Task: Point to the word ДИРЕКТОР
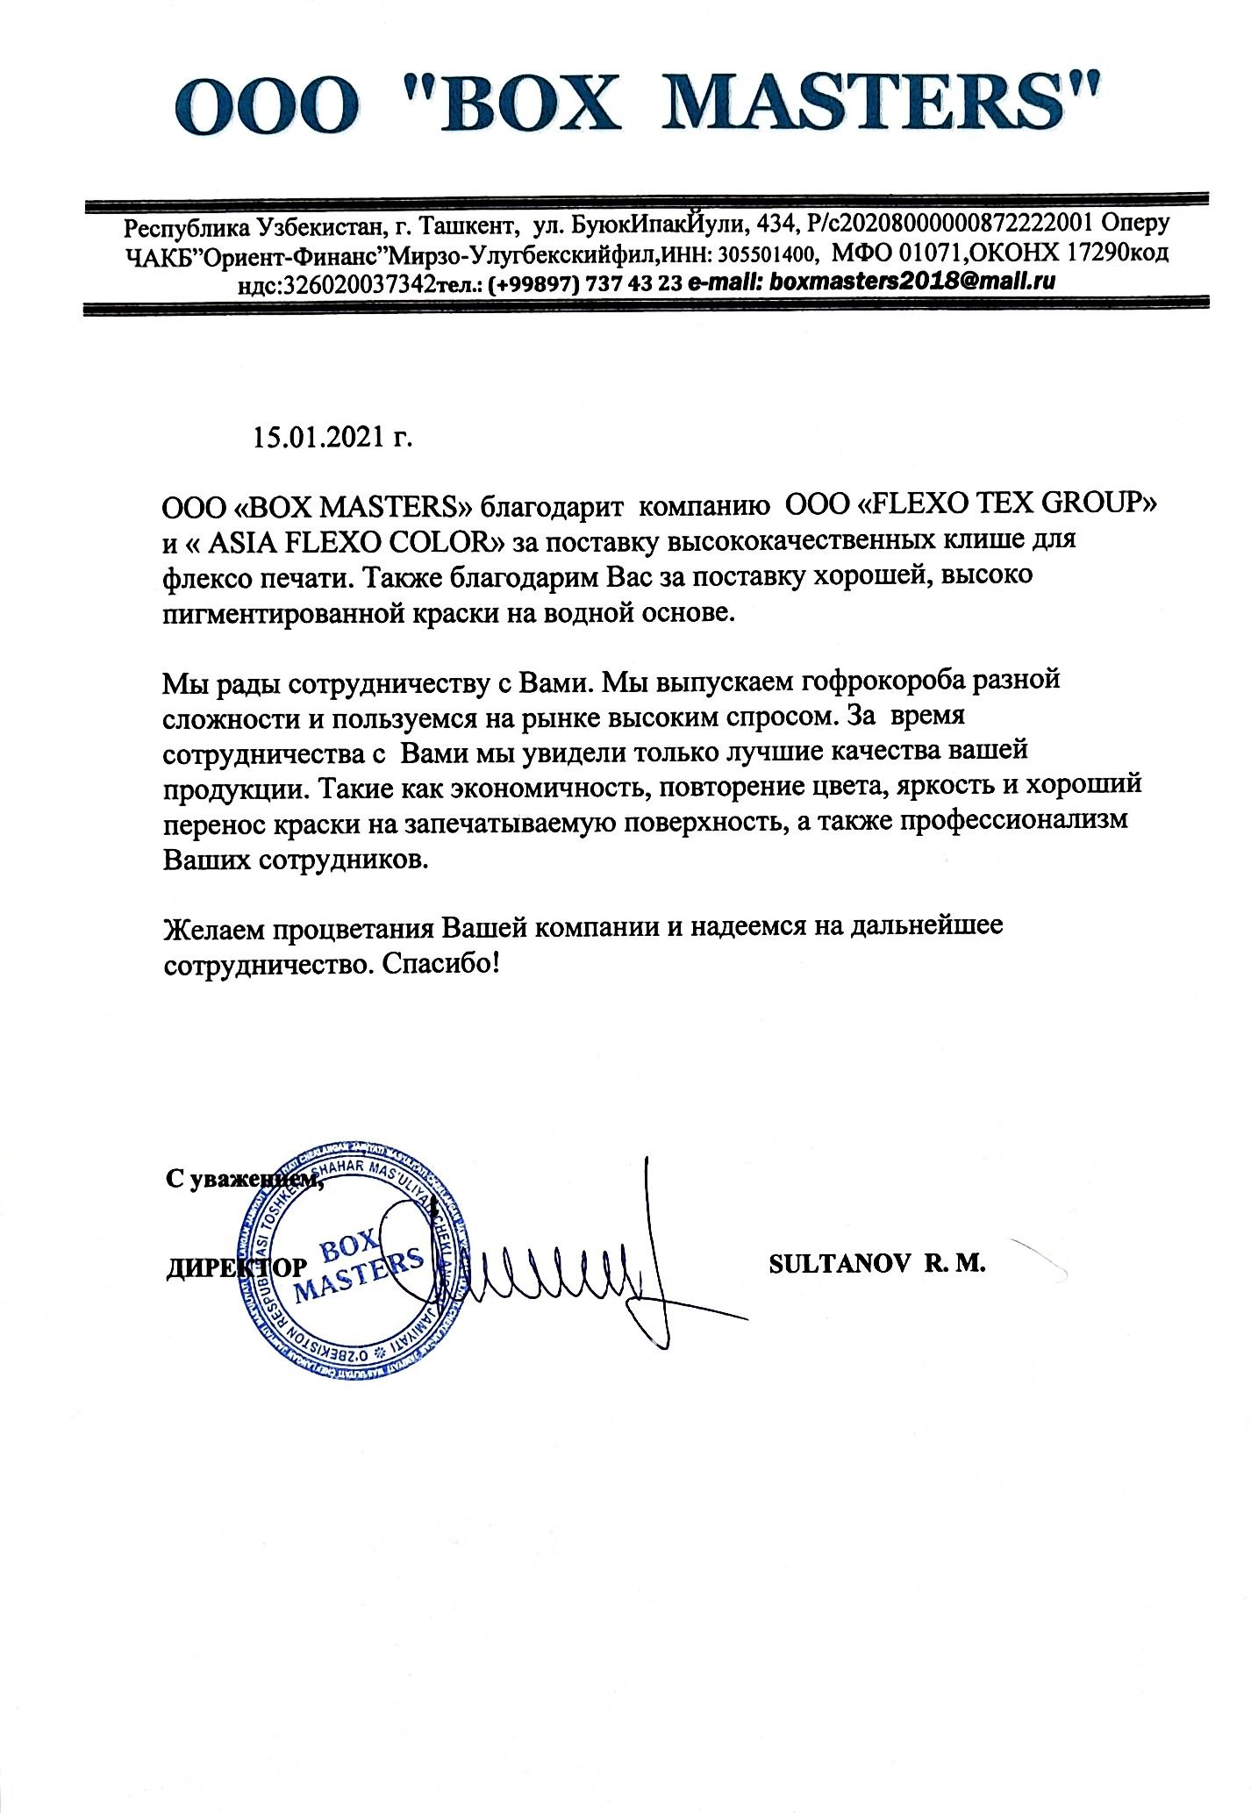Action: pyautogui.click(x=237, y=1267)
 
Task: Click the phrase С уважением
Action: pyautogui.click(x=244, y=1181)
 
